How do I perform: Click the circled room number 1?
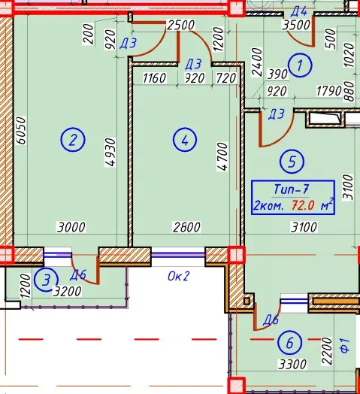click(x=300, y=65)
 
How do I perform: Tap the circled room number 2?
click(x=73, y=139)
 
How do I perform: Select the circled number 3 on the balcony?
click(x=46, y=280)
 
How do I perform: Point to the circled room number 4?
click(x=185, y=140)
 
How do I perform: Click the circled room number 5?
click(x=292, y=162)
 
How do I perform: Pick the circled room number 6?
click(x=289, y=342)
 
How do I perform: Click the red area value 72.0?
click(x=303, y=205)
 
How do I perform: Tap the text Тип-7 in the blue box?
click(x=291, y=189)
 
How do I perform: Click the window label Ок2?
click(x=178, y=276)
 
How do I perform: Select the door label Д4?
click(x=299, y=11)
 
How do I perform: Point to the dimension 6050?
click(x=20, y=130)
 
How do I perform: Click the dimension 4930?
click(x=110, y=152)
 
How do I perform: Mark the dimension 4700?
click(x=222, y=156)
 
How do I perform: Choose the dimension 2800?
click(x=186, y=227)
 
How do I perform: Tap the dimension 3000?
click(x=71, y=227)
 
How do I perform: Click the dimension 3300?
click(x=292, y=364)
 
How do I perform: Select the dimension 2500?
click(x=180, y=25)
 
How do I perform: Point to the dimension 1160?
click(x=154, y=78)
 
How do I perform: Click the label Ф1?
click(x=345, y=346)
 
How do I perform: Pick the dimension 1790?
click(x=329, y=91)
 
